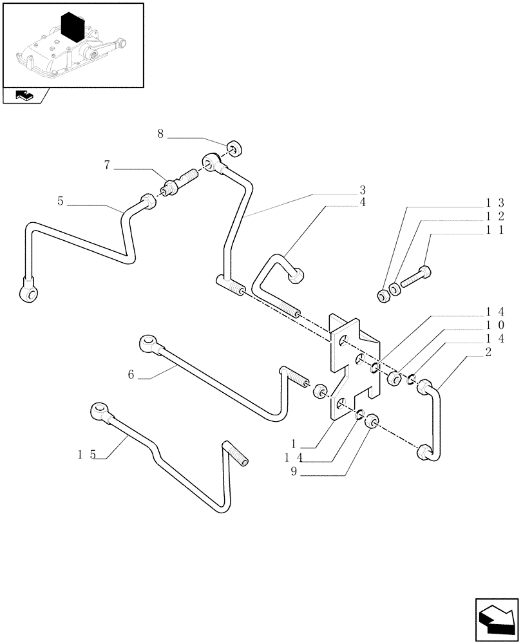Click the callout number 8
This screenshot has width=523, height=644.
[x=160, y=134]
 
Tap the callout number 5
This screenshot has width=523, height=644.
[x=60, y=202]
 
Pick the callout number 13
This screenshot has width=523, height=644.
[x=495, y=203]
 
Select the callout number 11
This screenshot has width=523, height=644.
[x=495, y=230]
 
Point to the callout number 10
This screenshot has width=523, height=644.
[x=495, y=325]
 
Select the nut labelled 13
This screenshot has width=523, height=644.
[x=383, y=296]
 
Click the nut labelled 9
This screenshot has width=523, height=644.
[x=371, y=422]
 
